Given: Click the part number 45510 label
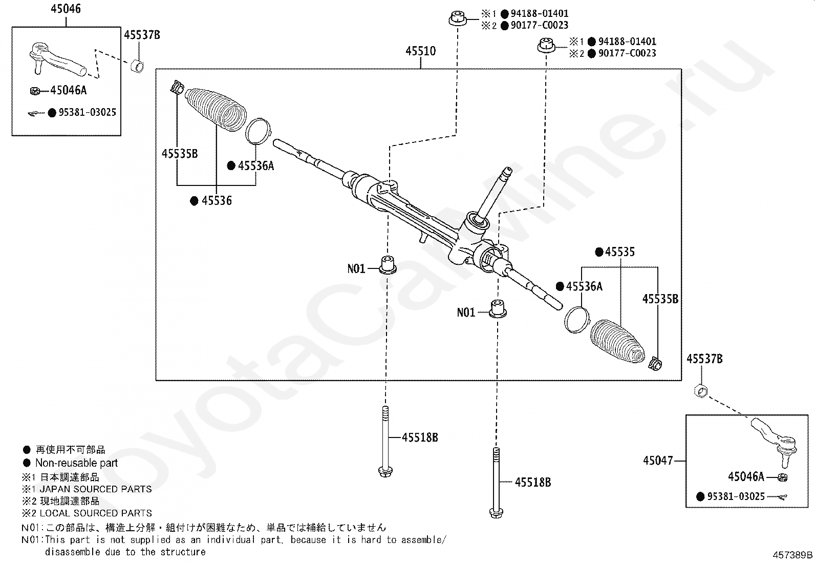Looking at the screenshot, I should (420, 51).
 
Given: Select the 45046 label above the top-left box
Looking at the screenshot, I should (66, 9).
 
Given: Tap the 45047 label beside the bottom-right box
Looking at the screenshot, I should (658, 461).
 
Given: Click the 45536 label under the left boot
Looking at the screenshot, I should (216, 201).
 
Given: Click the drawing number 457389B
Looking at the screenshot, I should (792, 555).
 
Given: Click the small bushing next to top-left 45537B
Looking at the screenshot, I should (136, 66).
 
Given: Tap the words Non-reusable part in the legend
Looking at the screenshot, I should (76, 463).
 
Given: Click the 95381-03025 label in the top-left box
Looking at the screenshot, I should (87, 112).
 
